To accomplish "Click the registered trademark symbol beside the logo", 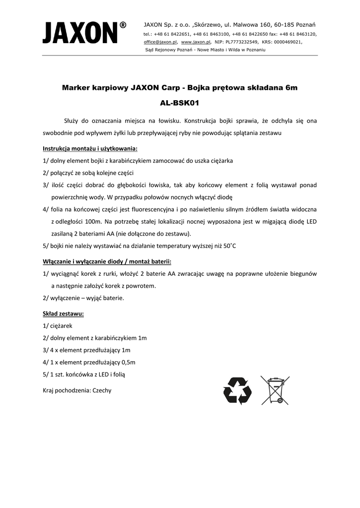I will pyautogui.click(x=123, y=25).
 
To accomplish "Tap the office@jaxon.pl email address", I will pyautogui.click(x=160, y=43).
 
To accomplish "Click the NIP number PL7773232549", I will pyautogui.click(x=240, y=43).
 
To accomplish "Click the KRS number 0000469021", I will pyautogui.click(x=285, y=43).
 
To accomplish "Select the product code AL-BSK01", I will pyautogui.click(x=179, y=104).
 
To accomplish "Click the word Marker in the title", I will pyautogui.click(x=77, y=88).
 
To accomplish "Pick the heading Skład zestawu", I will pyautogui.click(x=63, y=314).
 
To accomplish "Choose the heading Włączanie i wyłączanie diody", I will pyautogui.click(x=107, y=261).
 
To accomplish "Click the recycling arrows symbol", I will pyautogui.click(x=237, y=390).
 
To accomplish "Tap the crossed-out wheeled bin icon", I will pyautogui.click(x=275, y=390).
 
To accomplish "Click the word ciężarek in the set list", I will pyautogui.click(x=62, y=326).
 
